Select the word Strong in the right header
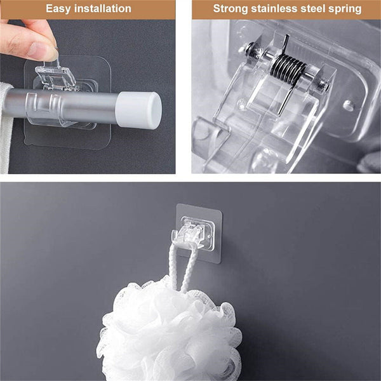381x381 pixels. pyautogui.click(x=230, y=9)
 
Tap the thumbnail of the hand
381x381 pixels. pyautogui.click(x=46, y=52)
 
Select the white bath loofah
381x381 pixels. pyautogui.click(x=168, y=333)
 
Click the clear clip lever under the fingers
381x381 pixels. pyautogui.click(x=60, y=79)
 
